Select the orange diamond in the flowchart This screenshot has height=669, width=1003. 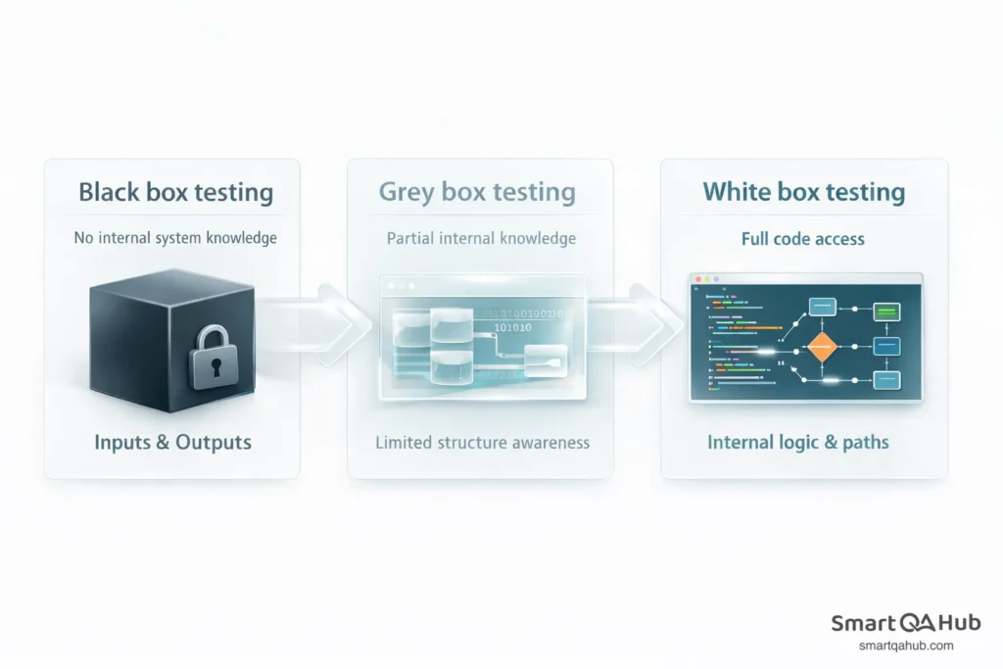tap(822, 347)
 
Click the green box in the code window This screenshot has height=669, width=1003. tap(886, 312)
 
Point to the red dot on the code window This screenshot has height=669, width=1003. tap(697, 280)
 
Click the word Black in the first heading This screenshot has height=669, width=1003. tap(109, 192)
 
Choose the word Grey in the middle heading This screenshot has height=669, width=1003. tap(406, 192)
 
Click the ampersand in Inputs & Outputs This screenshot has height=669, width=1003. tap(163, 443)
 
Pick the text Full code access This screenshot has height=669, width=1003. tap(803, 239)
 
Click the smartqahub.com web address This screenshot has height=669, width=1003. tap(906, 645)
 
